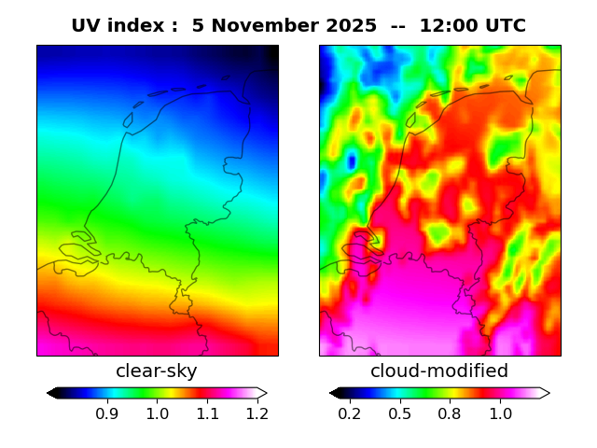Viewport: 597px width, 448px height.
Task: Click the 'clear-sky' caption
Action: (x=157, y=371)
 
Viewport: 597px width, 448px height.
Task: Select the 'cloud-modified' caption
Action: (x=439, y=371)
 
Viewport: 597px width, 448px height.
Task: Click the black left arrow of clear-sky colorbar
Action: (x=52, y=393)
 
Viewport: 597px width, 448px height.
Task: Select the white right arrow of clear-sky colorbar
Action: (x=262, y=393)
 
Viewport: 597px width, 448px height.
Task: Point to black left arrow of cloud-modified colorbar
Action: (x=335, y=393)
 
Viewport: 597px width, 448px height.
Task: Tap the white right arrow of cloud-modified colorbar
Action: (x=544, y=393)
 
